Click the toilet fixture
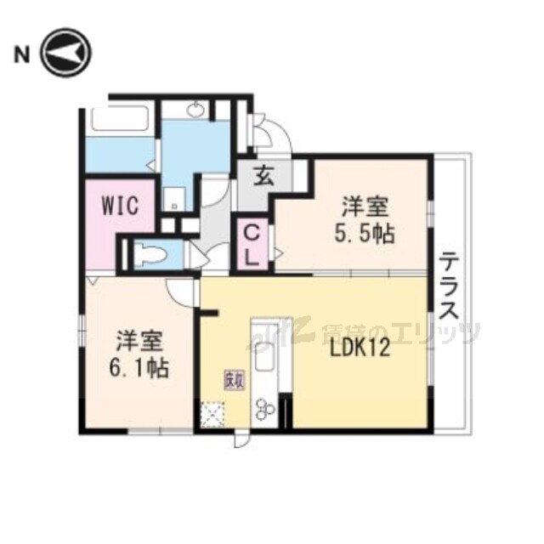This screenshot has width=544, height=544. pos(150,253)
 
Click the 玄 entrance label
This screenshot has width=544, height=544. pos(263,178)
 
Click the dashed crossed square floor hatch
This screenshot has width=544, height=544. pos(210,414)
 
